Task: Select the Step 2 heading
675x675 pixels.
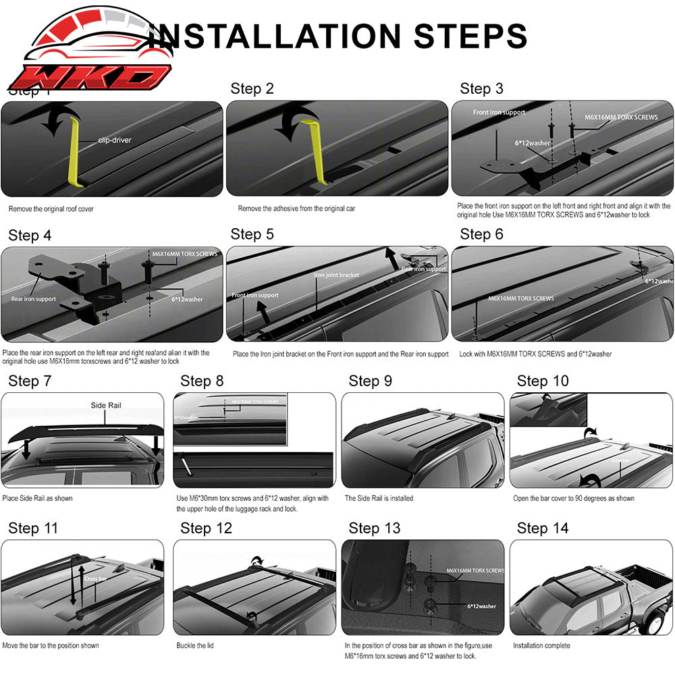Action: pos(252,88)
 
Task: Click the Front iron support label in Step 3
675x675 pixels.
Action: pos(499,112)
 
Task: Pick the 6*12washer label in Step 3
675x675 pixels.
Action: pos(531,143)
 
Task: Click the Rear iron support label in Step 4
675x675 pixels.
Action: pos(33,298)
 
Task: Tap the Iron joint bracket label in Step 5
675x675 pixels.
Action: pos(336,275)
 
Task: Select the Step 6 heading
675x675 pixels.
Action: pos(481,234)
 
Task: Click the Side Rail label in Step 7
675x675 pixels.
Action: pos(106,406)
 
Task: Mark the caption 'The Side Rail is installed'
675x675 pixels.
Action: pos(379,498)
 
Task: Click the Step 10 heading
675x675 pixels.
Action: pos(543,381)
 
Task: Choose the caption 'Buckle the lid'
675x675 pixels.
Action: pos(195,646)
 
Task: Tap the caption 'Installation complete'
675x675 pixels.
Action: pos(541,646)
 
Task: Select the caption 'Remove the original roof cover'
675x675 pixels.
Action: pos(51,209)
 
